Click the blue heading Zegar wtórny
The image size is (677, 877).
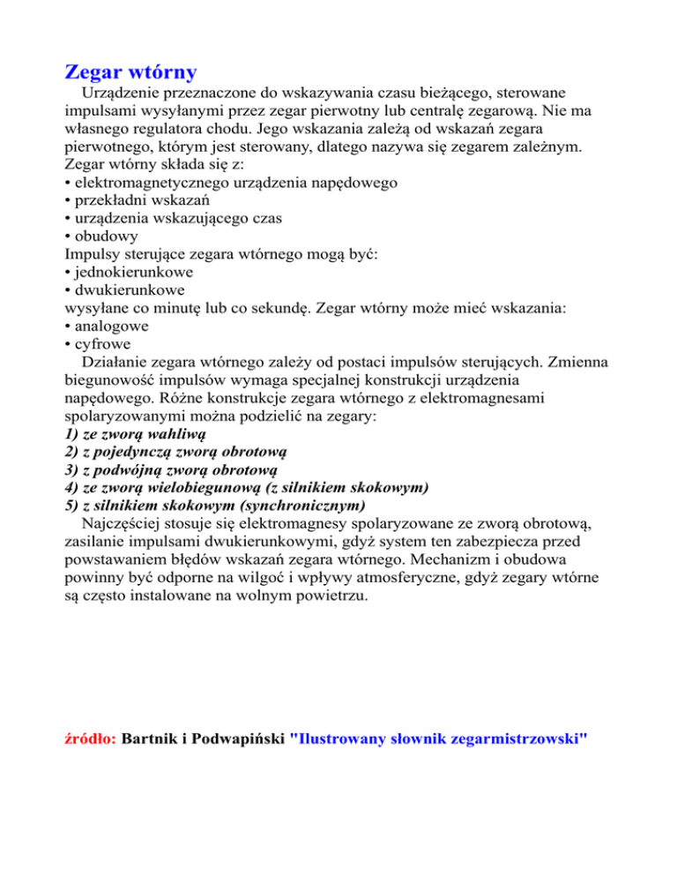click(131, 71)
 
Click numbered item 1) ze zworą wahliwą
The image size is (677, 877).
click(135, 435)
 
